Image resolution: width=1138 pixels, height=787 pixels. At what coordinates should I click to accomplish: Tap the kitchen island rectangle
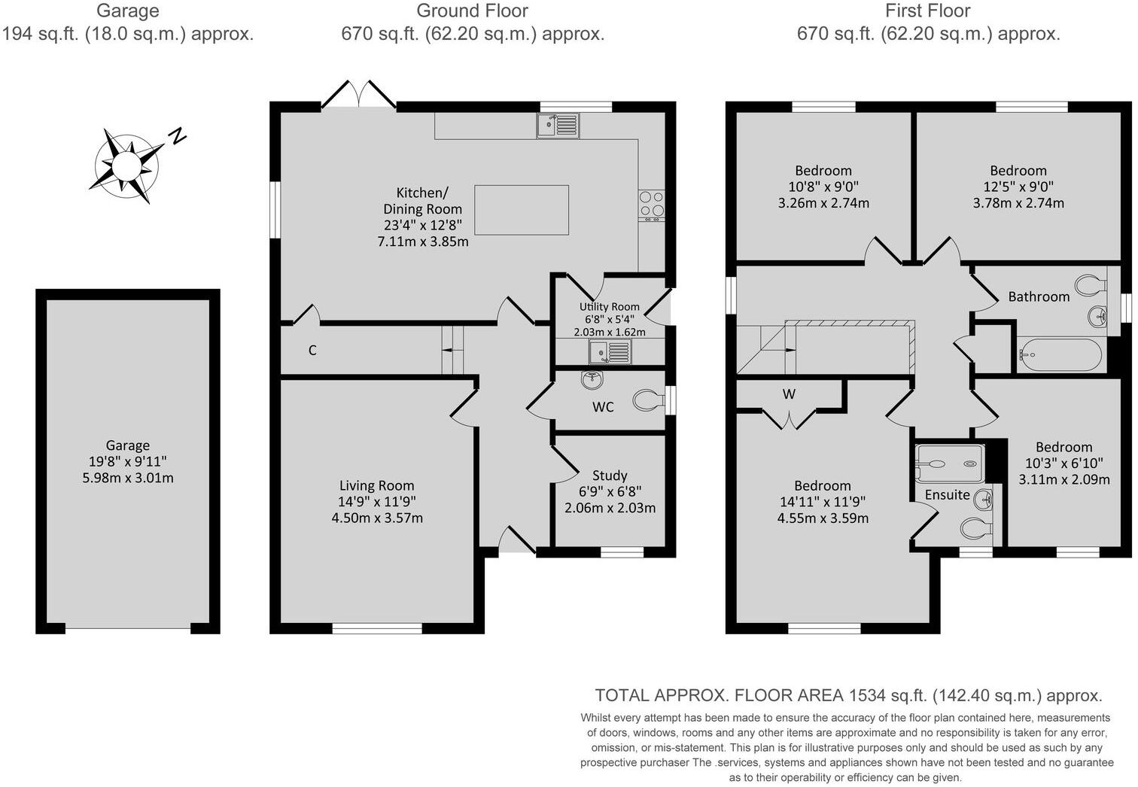coord(522,210)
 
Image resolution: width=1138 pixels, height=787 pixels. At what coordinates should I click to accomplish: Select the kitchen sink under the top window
coord(558,126)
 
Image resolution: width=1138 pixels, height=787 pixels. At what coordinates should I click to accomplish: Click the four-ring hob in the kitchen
coord(652,205)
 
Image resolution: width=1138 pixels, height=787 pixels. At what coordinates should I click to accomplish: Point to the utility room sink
coord(610,351)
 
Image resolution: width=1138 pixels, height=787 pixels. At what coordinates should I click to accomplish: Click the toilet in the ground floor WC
coord(649,400)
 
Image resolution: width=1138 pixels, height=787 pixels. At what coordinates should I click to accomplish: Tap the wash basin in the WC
coord(592,380)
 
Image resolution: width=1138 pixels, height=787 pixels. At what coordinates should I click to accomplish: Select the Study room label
coord(610,476)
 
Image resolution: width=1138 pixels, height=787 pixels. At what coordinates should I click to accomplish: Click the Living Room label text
coord(376,485)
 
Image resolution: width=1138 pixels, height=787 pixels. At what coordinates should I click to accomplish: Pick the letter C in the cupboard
coord(312,350)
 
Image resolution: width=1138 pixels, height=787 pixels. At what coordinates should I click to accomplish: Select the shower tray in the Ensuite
coord(950,463)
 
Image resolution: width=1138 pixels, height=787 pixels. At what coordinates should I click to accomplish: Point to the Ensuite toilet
coord(976,528)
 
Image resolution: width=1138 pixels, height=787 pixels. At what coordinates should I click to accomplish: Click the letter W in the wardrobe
coord(789,393)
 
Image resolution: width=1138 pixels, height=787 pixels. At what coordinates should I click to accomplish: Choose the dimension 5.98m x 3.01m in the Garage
coord(127,478)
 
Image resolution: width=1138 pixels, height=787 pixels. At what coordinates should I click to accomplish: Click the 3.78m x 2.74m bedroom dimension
coord(1018,203)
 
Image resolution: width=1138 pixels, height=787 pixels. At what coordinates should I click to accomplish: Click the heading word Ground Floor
coord(472,11)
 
